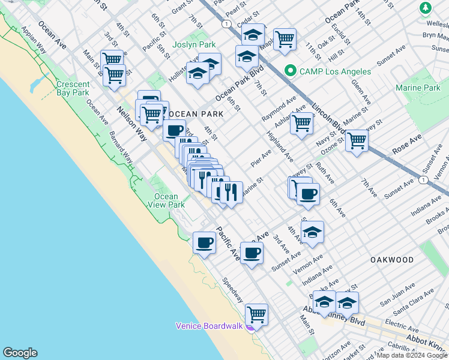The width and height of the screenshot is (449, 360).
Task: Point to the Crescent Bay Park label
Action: (x=73, y=89)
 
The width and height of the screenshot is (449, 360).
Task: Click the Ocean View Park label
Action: (x=166, y=200)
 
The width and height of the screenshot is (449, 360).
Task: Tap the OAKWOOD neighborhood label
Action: (x=392, y=260)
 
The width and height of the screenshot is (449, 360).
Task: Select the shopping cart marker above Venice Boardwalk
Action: (x=256, y=314)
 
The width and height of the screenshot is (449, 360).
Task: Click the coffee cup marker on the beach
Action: (x=205, y=242)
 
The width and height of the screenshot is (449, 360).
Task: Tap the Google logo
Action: (x=19, y=353)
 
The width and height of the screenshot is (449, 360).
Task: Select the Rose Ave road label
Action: (x=408, y=146)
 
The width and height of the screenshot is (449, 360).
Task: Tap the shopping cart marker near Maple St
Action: (x=285, y=40)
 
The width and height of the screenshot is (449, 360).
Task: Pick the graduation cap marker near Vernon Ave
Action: (x=312, y=232)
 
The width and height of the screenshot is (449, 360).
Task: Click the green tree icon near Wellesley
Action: (x=426, y=8)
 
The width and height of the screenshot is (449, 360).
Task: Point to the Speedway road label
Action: (x=232, y=289)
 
